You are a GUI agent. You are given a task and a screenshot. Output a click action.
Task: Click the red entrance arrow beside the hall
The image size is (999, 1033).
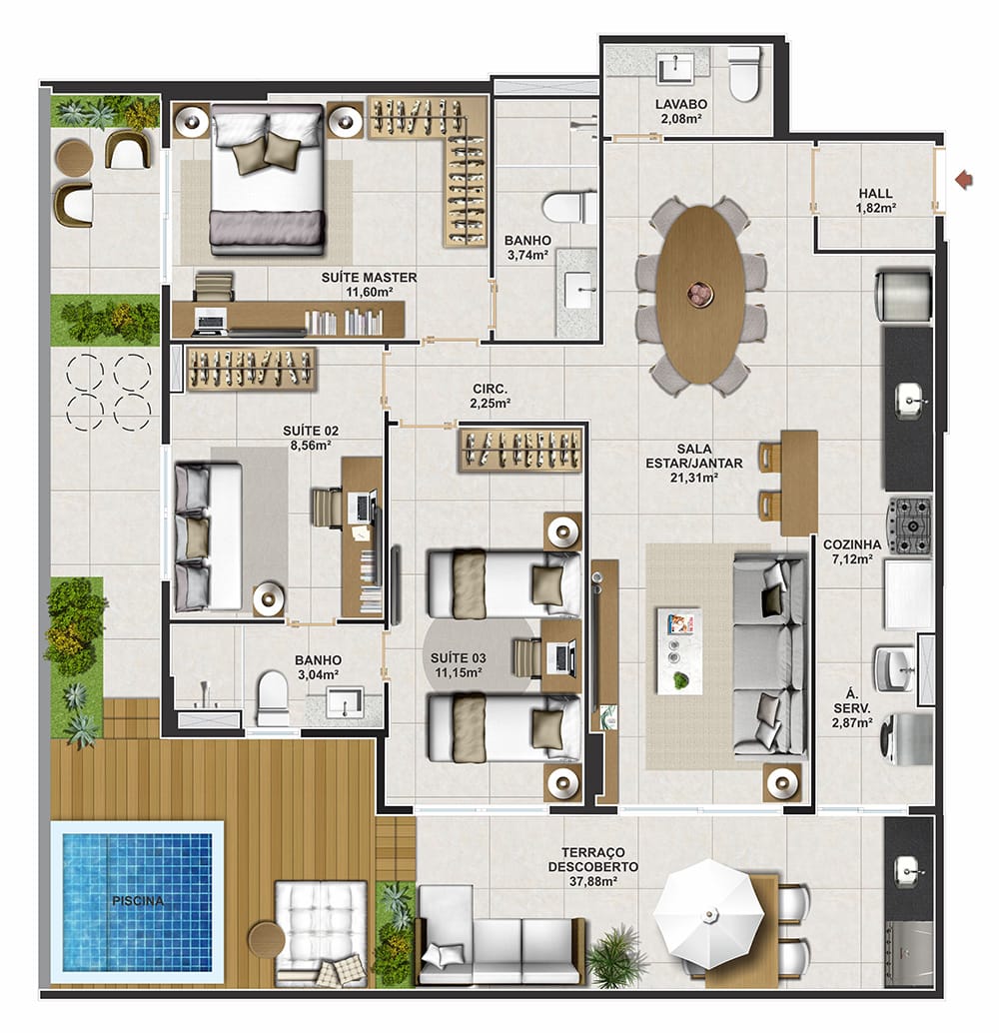point(965,179)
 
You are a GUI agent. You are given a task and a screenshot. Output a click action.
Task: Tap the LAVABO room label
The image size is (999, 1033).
point(680,104)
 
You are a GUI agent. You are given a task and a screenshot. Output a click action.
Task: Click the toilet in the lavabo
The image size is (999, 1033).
point(744,75)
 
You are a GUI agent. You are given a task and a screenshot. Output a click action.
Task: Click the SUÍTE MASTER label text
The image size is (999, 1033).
point(369,278)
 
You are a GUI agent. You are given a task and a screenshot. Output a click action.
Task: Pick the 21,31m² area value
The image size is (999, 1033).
point(694,479)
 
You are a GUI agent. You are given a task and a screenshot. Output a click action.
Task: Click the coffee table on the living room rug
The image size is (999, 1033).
point(678,650)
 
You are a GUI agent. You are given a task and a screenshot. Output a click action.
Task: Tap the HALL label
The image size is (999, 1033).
point(876,193)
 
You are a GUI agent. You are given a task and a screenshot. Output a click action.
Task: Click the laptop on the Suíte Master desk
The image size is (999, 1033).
point(211,320)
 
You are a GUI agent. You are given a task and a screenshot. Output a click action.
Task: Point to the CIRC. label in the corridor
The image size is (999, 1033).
point(491,390)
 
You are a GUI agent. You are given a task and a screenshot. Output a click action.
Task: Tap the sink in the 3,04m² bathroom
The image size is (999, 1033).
point(345,701)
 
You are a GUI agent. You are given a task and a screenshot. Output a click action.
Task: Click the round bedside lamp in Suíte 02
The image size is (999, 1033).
point(270,596)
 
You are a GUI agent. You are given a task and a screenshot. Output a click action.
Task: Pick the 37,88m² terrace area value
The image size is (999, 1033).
point(593,881)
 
